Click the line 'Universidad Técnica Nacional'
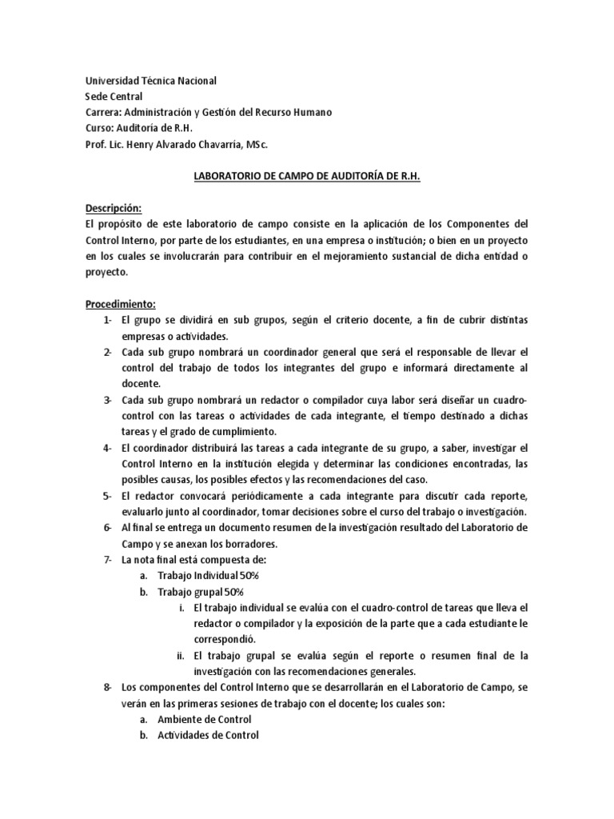click(x=151, y=81)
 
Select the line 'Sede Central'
click(x=114, y=97)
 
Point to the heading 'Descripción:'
click(x=114, y=208)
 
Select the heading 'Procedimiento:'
click(x=121, y=304)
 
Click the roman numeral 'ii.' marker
click(x=181, y=656)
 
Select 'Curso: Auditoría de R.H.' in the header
click(x=140, y=129)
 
